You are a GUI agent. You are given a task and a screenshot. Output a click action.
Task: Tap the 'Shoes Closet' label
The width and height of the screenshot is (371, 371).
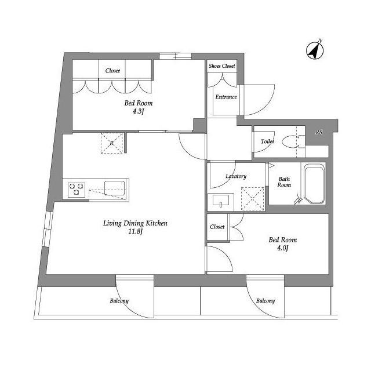[222, 66]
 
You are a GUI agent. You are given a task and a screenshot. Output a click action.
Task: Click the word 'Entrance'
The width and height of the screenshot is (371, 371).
[226, 97]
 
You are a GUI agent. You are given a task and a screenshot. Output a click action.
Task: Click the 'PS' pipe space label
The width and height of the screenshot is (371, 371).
[319, 133]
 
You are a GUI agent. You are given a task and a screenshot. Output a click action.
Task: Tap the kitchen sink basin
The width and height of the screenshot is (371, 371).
[115, 188]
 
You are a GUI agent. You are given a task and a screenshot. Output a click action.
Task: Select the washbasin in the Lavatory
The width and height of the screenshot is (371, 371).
[221, 201]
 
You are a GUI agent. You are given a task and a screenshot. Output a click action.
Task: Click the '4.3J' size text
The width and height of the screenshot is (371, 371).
[139, 111]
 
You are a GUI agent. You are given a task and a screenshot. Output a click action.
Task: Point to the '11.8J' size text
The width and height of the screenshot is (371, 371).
[135, 231]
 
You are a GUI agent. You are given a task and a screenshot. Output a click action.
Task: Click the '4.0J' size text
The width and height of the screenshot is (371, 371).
[282, 248]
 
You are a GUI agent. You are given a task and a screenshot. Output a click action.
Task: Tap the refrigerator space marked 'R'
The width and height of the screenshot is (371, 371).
[112, 143]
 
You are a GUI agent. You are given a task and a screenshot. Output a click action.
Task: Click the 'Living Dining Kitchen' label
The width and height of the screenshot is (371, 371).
[135, 223]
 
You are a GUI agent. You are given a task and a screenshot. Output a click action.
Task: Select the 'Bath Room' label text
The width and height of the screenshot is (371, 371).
[284, 182]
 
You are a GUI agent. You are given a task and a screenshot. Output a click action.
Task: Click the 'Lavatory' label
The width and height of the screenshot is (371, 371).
[236, 176]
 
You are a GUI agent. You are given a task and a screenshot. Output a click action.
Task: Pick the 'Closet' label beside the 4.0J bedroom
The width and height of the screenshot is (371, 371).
[217, 227]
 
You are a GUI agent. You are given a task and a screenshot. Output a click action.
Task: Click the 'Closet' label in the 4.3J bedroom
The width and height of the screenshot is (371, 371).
[112, 71]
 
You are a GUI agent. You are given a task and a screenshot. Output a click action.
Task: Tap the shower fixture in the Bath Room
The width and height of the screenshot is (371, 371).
[298, 199]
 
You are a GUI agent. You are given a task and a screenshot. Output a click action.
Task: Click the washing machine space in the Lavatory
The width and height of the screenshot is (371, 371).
[253, 198]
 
